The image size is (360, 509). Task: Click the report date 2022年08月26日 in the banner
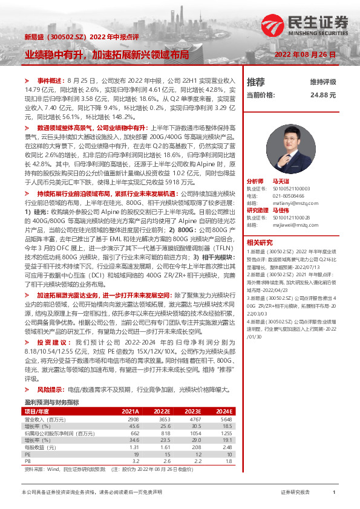click(305, 54)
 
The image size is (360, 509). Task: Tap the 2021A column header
click(129, 411)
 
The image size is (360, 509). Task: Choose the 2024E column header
click(224, 411)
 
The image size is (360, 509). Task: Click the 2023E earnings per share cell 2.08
click(195, 448)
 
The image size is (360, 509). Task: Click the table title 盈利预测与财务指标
click(51, 402)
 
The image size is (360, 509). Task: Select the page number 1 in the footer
click(334, 493)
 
